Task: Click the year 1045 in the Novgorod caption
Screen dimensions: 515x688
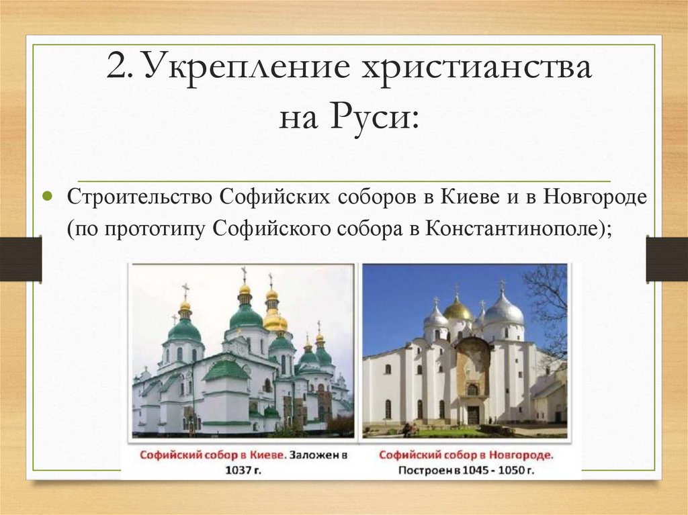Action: pos(474,469)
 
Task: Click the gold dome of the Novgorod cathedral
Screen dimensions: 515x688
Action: pos(458,310)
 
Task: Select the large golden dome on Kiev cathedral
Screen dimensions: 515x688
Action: pos(275,321)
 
